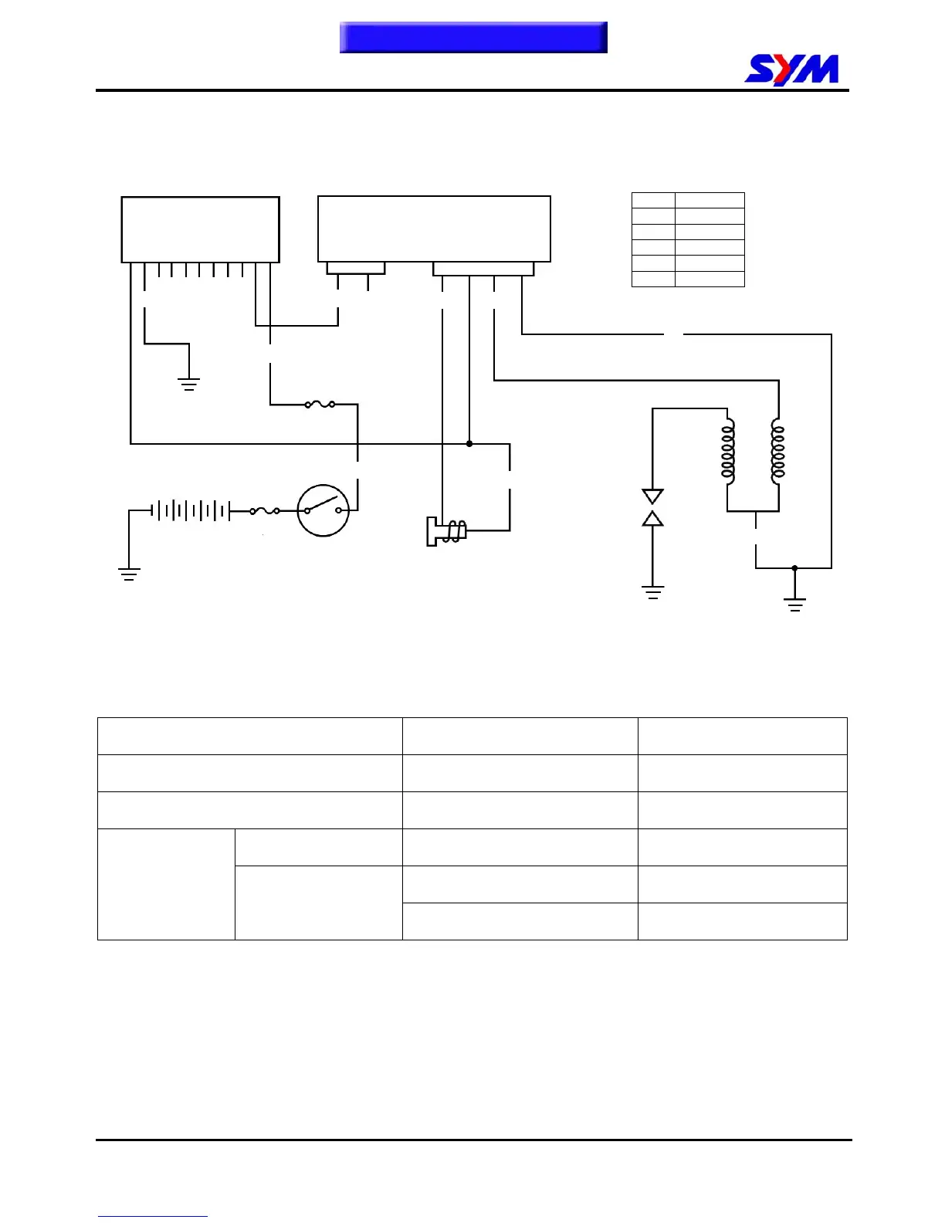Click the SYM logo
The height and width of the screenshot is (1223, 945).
pyautogui.click(x=791, y=70)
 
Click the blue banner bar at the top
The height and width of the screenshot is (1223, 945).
pyautogui.click(x=473, y=37)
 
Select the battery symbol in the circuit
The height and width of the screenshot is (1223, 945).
pyautogui.click(x=191, y=510)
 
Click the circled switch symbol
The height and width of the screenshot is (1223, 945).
pyautogui.click(x=323, y=510)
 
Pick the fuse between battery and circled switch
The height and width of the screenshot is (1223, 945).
pyautogui.click(x=265, y=510)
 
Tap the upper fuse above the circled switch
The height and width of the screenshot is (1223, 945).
pyautogui.click(x=320, y=404)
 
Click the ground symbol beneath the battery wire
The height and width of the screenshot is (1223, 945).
pyautogui.click(x=129, y=574)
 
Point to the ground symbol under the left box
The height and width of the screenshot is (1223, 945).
pyautogui.click(x=189, y=384)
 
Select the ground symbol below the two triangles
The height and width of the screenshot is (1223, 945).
pyautogui.click(x=652, y=592)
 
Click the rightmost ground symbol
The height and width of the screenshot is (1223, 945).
pyautogui.click(x=794, y=604)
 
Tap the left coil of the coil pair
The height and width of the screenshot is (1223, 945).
pyautogui.click(x=728, y=451)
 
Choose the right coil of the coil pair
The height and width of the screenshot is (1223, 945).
pyautogui.click(x=777, y=451)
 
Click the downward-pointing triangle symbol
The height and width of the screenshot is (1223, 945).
pyautogui.click(x=652, y=496)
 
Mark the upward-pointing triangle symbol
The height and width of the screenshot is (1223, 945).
pyautogui.click(x=652, y=519)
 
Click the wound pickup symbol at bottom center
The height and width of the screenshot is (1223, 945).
pyautogui.click(x=447, y=531)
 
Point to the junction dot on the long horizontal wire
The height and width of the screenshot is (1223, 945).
pyautogui.click(x=469, y=444)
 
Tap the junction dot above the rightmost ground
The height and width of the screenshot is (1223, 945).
pyautogui.click(x=794, y=568)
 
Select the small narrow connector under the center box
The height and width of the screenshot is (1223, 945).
pyautogui.click(x=355, y=268)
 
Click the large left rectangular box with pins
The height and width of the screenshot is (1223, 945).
pyautogui.click(x=200, y=229)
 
